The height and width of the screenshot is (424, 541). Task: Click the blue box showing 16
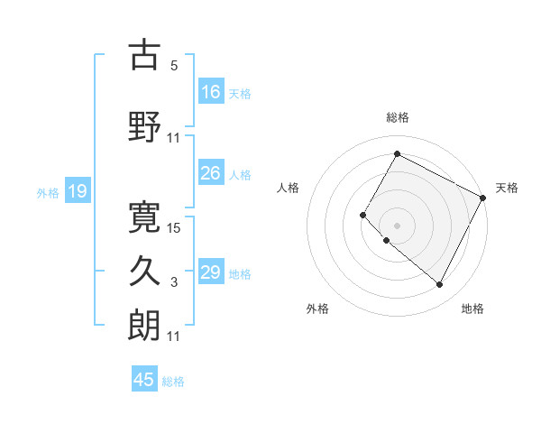click(x=210, y=91)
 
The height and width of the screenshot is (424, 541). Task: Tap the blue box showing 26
click(x=210, y=173)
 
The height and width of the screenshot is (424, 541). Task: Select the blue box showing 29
click(x=210, y=272)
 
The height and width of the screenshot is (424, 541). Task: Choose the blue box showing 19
click(x=77, y=191)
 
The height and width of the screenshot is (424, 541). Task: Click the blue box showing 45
click(x=144, y=380)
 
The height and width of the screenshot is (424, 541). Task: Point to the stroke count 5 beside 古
click(x=174, y=66)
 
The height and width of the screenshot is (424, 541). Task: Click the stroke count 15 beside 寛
click(x=174, y=228)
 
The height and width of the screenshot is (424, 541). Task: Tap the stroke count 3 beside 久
click(x=174, y=282)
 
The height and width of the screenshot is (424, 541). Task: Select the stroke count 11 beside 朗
click(x=174, y=336)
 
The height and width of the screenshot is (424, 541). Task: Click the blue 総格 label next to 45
click(x=173, y=382)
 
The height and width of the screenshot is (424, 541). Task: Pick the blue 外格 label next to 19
click(x=47, y=192)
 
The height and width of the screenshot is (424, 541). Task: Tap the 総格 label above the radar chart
click(x=397, y=117)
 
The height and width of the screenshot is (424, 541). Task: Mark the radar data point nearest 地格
click(x=440, y=285)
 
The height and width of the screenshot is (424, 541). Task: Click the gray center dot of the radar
click(x=397, y=225)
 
